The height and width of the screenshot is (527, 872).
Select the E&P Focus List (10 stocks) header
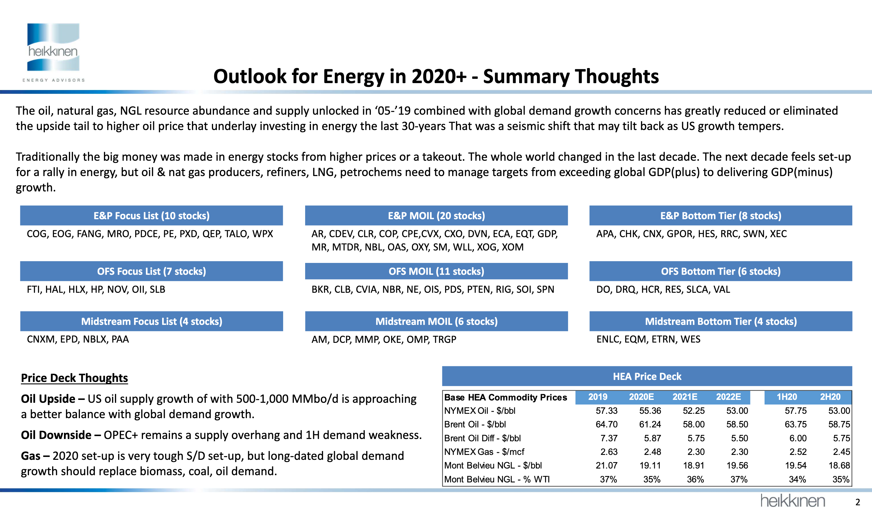pyautogui.click(x=151, y=215)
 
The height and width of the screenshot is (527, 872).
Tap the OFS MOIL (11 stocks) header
pyautogui.click(x=436, y=271)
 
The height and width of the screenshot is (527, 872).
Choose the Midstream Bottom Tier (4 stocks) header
pyautogui.click(x=721, y=321)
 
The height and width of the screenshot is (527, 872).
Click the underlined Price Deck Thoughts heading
pyautogui.click(x=74, y=378)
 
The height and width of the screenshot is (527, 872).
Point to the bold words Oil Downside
pyautogui.click(x=56, y=435)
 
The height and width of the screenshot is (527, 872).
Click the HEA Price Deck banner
pyautogui.click(x=647, y=376)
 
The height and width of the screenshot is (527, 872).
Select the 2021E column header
pyautogui.click(x=685, y=397)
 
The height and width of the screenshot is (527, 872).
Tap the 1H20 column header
pyautogui.click(x=787, y=397)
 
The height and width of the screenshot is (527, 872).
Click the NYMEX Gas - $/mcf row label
pyautogui.click(x=484, y=452)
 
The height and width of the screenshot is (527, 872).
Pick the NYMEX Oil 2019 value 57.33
pyautogui.click(x=607, y=411)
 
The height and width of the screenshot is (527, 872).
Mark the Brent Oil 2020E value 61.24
pyautogui.click(x=650, y=424)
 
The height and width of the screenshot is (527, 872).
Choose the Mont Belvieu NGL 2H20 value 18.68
pyautogui.click(x=839, y=465)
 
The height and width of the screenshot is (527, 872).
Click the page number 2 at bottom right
pyautogui.click(x=858, y=502)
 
